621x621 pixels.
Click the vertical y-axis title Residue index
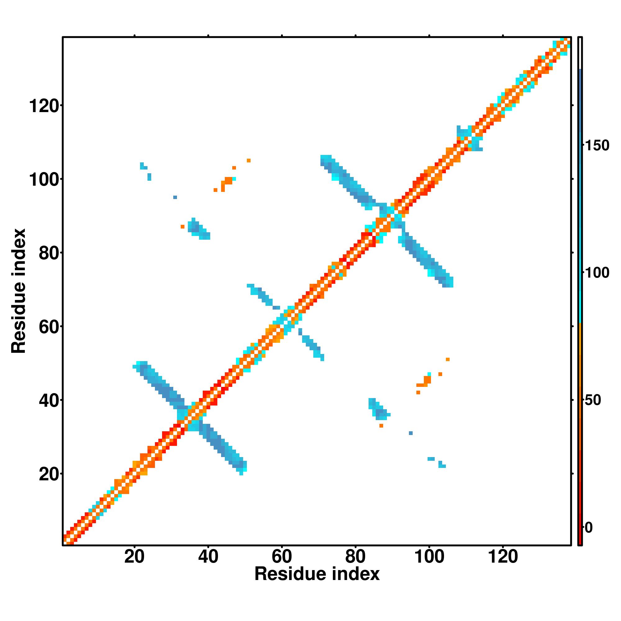point(19,291)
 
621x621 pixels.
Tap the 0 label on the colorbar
point(589,528)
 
